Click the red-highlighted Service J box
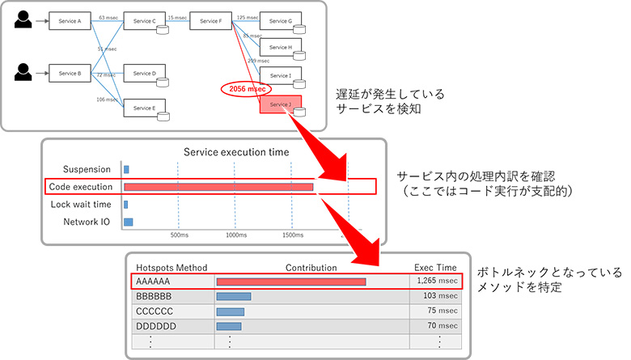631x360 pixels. click(281, 106)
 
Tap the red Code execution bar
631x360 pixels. click(218, 187)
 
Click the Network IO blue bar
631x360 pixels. click(128, 222)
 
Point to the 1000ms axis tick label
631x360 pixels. click(236, 235)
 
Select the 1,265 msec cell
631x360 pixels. click(437, 281)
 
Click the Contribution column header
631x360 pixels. click(311, 267)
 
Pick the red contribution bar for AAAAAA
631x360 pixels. click(291, 282)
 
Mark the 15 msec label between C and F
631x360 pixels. click(176, 17)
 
